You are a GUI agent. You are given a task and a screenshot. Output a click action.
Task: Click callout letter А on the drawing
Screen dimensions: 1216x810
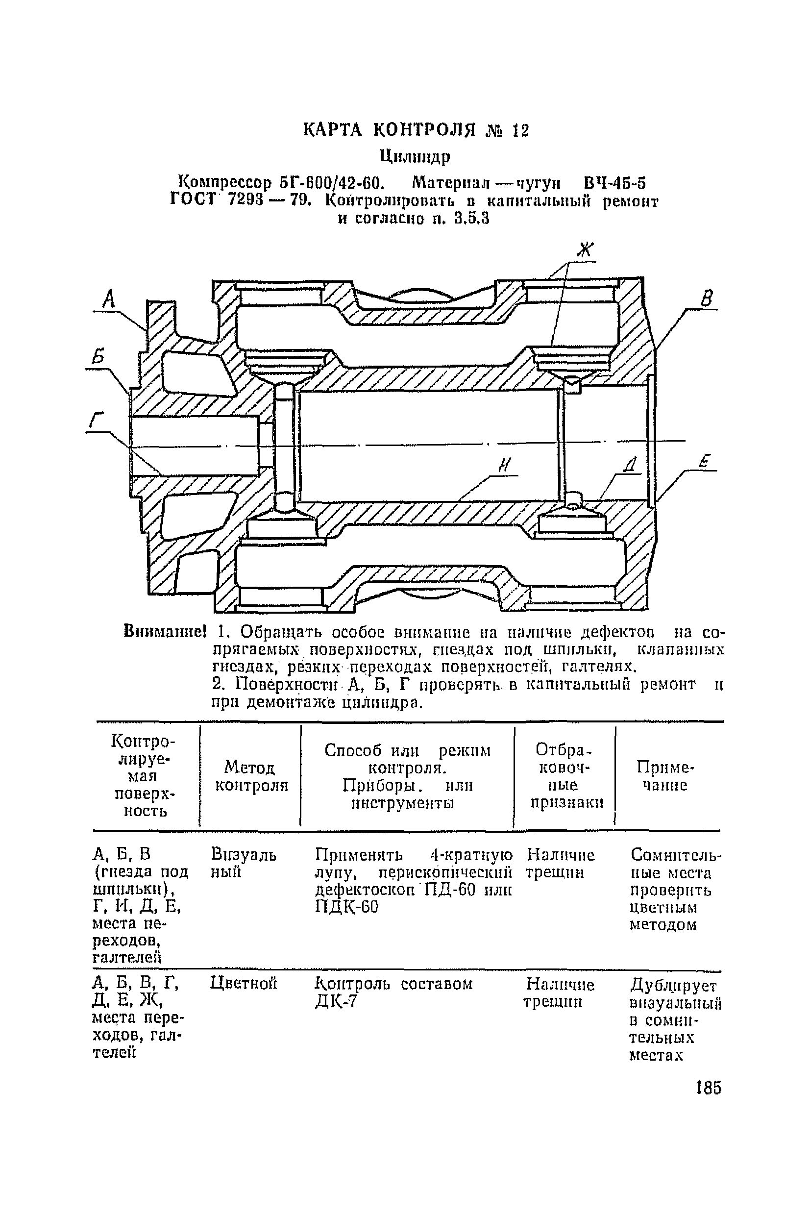coord(108,299)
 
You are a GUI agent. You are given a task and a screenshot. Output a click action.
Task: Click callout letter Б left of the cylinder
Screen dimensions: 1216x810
coord(98,357)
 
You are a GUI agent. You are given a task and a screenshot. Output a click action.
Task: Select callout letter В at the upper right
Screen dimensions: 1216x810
coord(707,298)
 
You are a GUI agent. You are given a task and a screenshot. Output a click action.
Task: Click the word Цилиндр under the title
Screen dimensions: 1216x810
coord(415,155)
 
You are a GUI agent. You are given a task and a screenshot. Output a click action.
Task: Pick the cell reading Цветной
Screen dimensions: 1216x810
coord(244,983)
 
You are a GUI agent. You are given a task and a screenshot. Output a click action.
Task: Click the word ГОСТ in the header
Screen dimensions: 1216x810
coord(192,200)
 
